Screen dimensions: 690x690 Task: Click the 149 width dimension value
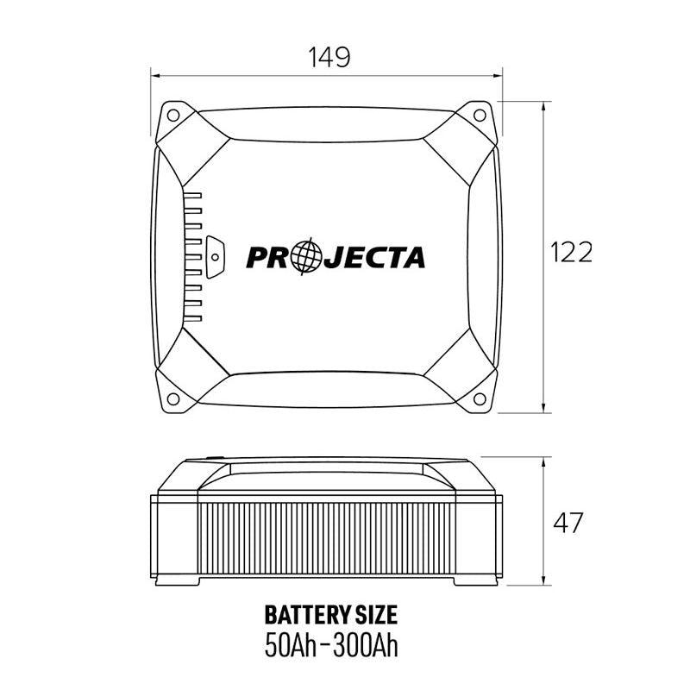coord(329,58)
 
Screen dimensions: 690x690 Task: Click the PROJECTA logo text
coord(336,257)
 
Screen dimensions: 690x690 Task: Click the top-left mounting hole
coord(173,113)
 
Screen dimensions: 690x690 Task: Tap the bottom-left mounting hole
coord(173,398)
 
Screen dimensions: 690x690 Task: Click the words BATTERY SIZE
coord(330,615)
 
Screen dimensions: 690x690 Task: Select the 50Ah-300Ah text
coord(330,645)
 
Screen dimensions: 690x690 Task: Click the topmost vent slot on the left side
coord(193,196)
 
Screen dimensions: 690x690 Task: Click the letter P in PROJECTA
coord(258,257)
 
